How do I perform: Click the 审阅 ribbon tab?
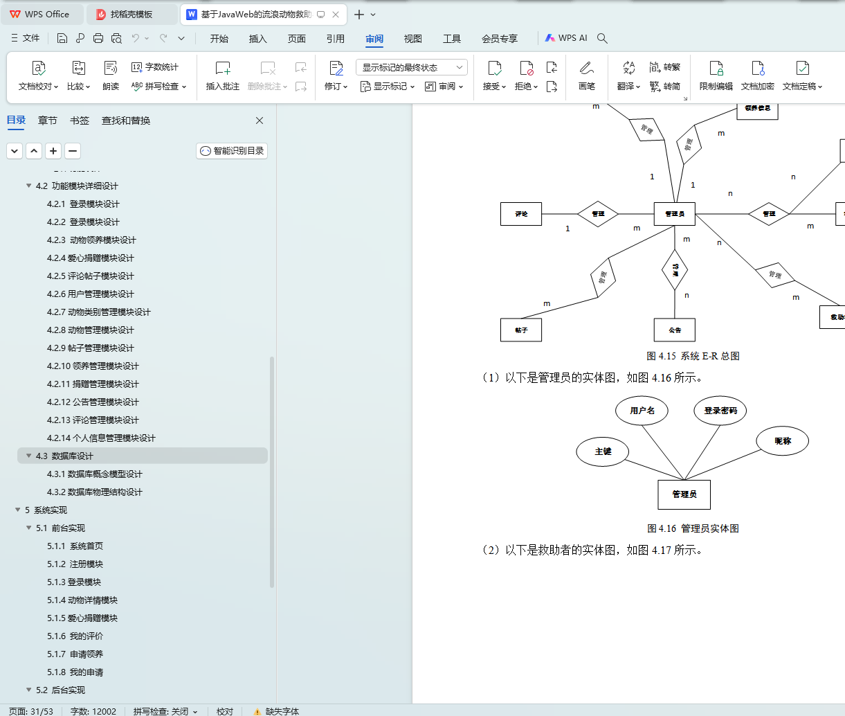(x=374, y=39)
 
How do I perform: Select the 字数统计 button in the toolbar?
(x=156, y=67)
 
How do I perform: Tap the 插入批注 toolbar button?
(x=222, y=75)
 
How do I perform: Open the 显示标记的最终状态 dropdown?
(x=412, y=67)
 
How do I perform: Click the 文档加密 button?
(x=757, y=75)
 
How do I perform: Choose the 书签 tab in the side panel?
(x=80, y=120)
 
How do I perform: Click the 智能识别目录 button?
(x=232, y=151)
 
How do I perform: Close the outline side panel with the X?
(x=260, y=120)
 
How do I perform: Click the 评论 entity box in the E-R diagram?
(x=521, y=214)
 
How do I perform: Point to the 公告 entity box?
(x=675, y=330)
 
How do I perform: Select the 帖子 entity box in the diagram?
(x=521, y=330)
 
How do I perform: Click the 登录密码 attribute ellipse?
(x=720, y=411)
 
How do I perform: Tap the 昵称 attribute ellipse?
(x=783, y=441)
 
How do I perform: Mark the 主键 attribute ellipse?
(x=603, y=451)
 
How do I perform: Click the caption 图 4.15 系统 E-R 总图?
(x=693, y=356)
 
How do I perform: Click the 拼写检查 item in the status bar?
(x=165, y=711)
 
